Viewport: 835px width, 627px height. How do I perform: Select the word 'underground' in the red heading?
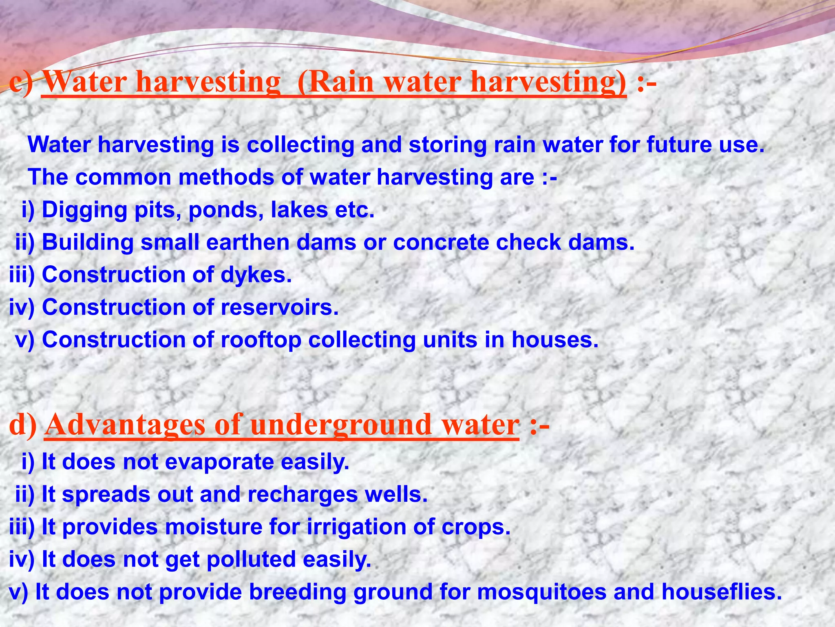click(x=341, y=425)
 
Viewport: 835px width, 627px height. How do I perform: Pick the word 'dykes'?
click(x=256, y=275)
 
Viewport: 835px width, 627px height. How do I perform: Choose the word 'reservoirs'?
click(x=280, y=307)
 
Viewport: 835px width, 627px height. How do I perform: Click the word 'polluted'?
click(x=251, y=559)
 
